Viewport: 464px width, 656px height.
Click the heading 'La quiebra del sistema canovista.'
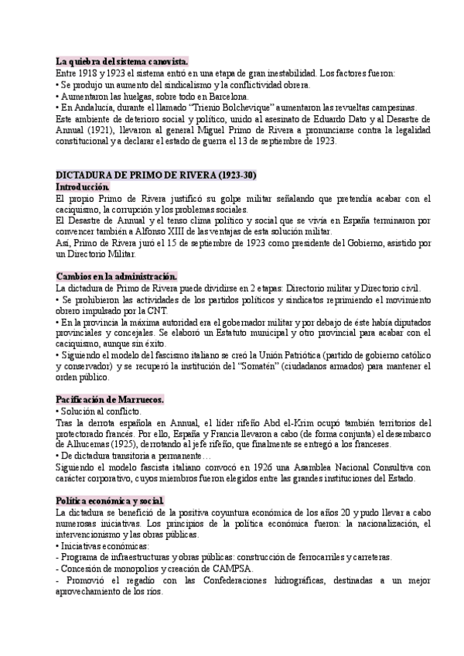click(x=122, y=61)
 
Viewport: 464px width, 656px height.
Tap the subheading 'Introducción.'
click(x=83, y=187)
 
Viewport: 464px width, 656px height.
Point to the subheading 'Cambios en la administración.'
click(x=117, y=276)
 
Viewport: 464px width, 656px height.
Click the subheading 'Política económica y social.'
click(x=110, y=479)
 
